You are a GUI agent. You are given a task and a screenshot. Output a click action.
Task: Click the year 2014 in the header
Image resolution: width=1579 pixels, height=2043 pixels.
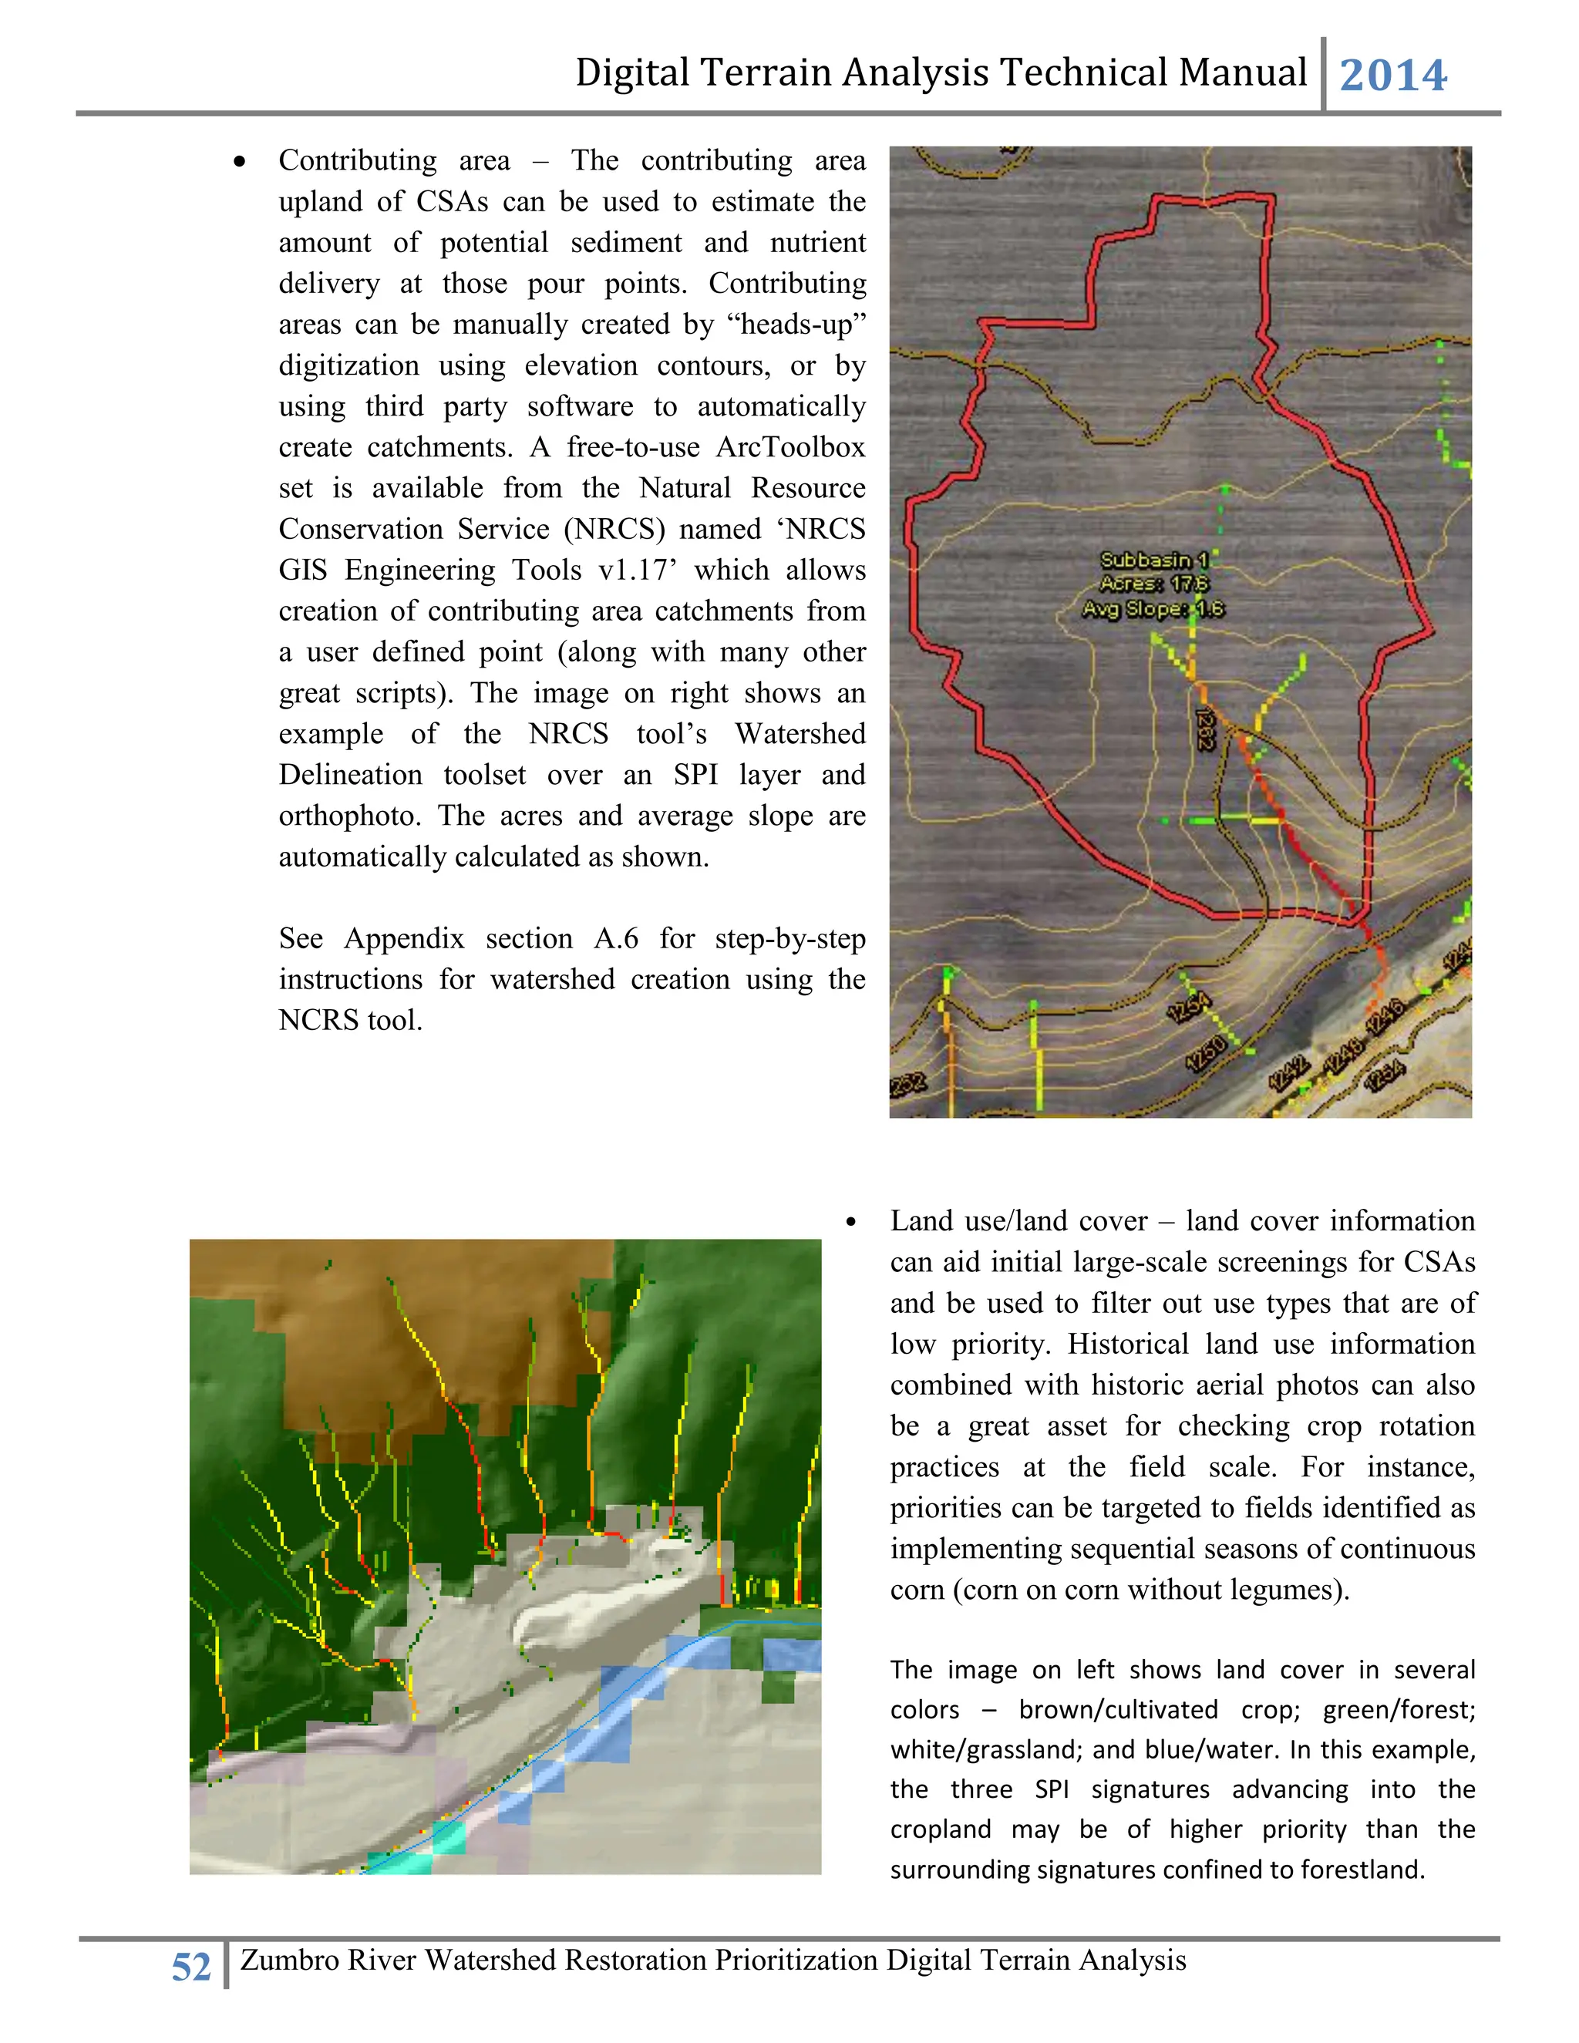tap(1393, 76)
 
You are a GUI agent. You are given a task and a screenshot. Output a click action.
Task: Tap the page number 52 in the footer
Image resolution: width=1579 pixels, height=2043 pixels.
tap(191, 1967)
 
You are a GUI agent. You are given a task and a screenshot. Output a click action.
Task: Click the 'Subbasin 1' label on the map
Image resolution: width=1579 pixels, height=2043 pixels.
tap(1154, 560)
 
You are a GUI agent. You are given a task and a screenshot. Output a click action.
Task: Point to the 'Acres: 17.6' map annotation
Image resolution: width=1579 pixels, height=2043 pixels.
tap(1154, 584)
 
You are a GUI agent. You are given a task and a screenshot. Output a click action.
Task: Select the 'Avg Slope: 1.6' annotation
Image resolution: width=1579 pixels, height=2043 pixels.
tap(1153, 609)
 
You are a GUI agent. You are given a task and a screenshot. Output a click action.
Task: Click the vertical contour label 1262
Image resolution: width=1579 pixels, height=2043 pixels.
tap(1206, 729)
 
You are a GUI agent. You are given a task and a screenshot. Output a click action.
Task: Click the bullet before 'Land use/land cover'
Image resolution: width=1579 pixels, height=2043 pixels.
tap(850, 1223)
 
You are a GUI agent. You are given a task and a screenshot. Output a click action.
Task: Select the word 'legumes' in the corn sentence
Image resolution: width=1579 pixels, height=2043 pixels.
tap(1284, 1590)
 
